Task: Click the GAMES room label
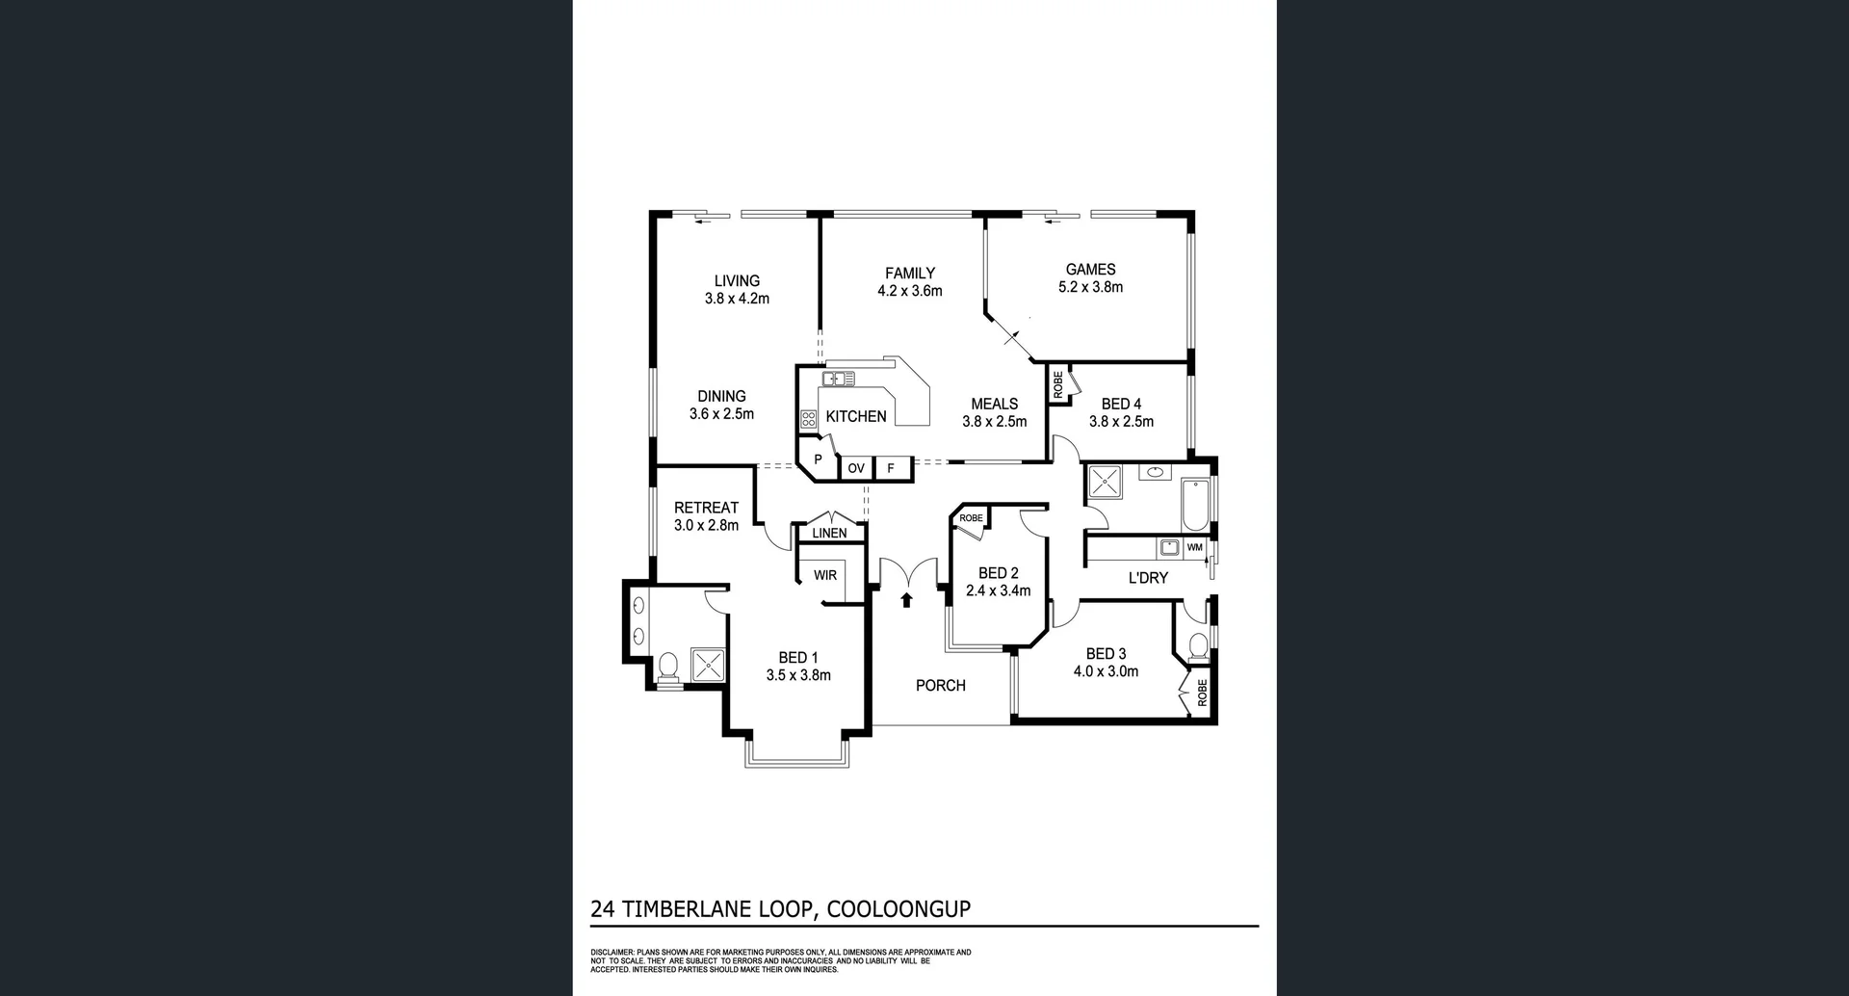tap(1090, 270)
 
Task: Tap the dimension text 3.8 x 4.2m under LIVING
tap(737, 299)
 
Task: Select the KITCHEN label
tap(856, 416)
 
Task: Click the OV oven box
tap(856, 468)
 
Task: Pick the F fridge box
tap(892, 468)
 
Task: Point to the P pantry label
tap(819, 459)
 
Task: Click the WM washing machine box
tap(1195, 547)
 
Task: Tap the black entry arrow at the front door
tap(906, 601)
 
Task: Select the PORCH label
tap(940, 686)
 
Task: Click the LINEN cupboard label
tap(829, 533)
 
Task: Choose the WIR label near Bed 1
tap(825, 575)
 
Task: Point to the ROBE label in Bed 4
tap(1058, 385)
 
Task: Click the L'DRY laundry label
tap(1147, 578)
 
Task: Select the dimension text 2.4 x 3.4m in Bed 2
tap(999, 590)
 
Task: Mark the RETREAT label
tap(706, 508)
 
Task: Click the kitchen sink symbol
tap(838, 379)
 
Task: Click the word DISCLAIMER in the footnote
tap(612, 952)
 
